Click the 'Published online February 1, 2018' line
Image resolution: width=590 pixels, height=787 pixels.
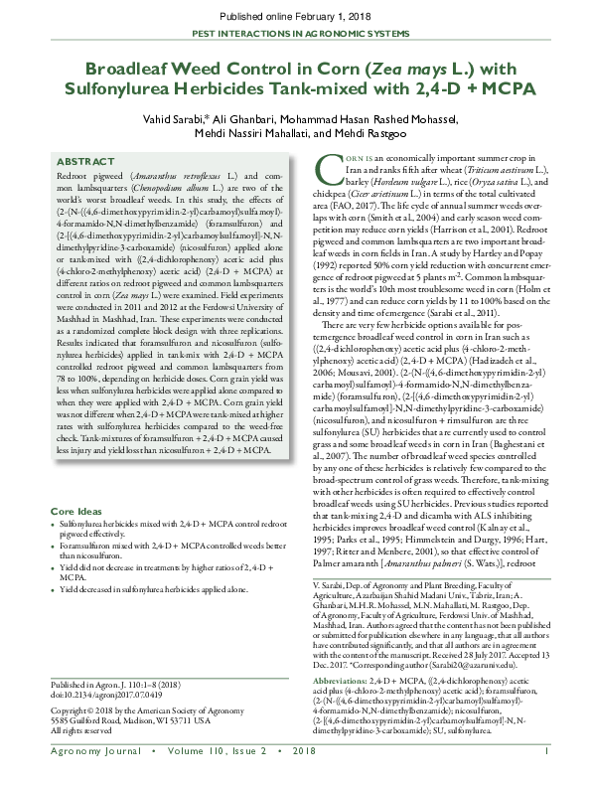point(294,17)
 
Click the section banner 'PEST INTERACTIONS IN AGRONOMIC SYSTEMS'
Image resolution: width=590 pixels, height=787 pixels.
point(294,33)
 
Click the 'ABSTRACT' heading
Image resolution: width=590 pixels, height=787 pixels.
point(84,161)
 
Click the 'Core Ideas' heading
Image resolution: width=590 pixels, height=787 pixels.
point(80,511)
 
